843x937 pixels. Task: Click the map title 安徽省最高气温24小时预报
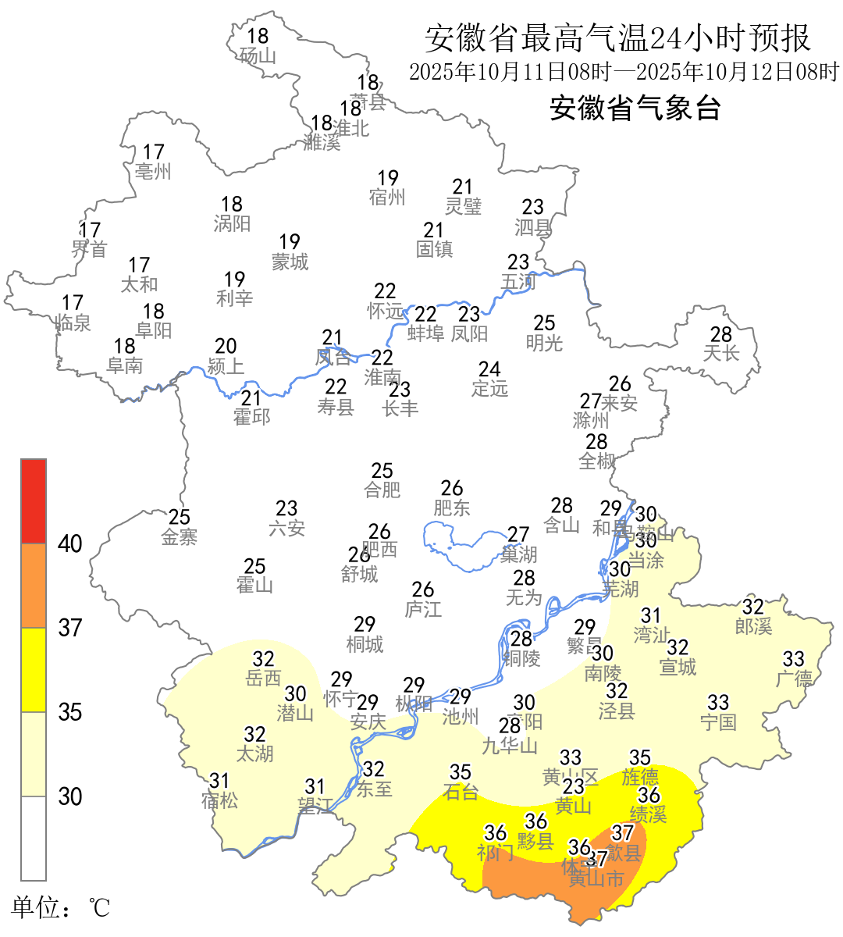pos(617,38)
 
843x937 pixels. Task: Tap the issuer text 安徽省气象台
pos(635,108)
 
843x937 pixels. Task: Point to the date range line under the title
pos(624,72)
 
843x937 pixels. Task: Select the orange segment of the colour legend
pos(34,586)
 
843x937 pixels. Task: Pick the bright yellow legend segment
pos(34,670)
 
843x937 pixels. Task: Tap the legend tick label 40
pos(70,544)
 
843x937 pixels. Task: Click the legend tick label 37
pos(70,628)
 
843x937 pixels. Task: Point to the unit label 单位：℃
pos(61,908)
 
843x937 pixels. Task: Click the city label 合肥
pos(382,490)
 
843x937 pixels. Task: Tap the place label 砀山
pos(258,56)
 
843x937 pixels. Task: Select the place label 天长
pos(720,354)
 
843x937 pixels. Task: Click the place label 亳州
pos(153,172)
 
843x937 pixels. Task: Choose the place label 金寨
pos(180,537)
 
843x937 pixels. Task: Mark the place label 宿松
pos(219,800)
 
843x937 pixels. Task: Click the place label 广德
pos(794,679)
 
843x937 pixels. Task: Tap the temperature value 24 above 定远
pos(489,369)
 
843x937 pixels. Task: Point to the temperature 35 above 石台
pos(461,772)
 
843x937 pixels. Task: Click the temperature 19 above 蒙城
pos(290,242)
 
